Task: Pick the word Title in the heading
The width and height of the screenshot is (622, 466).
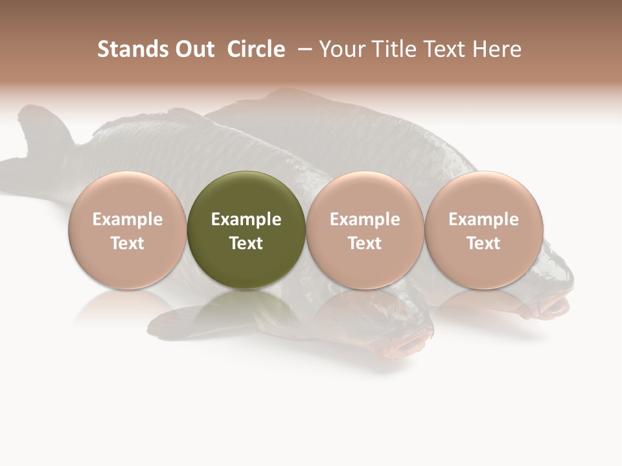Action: [x=392, y=49]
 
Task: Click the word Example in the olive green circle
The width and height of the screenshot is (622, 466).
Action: [x=246, y=219]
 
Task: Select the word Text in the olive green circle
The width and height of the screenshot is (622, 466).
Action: [x=246, y=243]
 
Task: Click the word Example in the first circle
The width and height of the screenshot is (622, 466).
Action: [x=128, y=219]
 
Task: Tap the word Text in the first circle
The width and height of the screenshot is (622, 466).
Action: [x=128, y=243]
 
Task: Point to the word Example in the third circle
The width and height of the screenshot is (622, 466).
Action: [x=365, y=219]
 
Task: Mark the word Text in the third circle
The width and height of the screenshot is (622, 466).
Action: [x=365, y=243]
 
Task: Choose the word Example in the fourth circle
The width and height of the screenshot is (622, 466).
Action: [x=483, y=219]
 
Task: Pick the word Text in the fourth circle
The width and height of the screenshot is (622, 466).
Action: [x=483, y=243]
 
